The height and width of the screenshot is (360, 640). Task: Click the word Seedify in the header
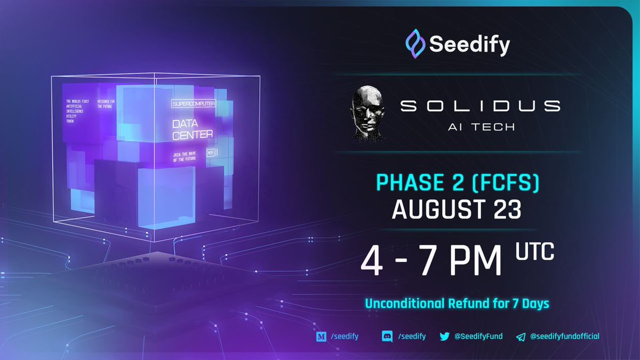469,44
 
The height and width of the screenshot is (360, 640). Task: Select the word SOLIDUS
480,106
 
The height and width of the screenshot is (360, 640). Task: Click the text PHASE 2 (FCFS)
458,183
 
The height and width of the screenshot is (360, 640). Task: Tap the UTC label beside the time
534,251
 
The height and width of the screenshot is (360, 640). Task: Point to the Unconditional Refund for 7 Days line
458,303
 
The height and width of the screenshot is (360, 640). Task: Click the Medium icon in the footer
321,336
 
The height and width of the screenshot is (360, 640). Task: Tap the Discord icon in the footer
388,336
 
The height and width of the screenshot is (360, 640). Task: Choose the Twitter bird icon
444,336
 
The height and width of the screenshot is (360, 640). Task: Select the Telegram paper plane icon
522,337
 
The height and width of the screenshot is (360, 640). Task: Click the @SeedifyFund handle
478,336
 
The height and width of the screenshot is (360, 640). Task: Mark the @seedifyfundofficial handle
565,336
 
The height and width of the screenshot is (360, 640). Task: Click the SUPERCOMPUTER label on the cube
193,102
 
